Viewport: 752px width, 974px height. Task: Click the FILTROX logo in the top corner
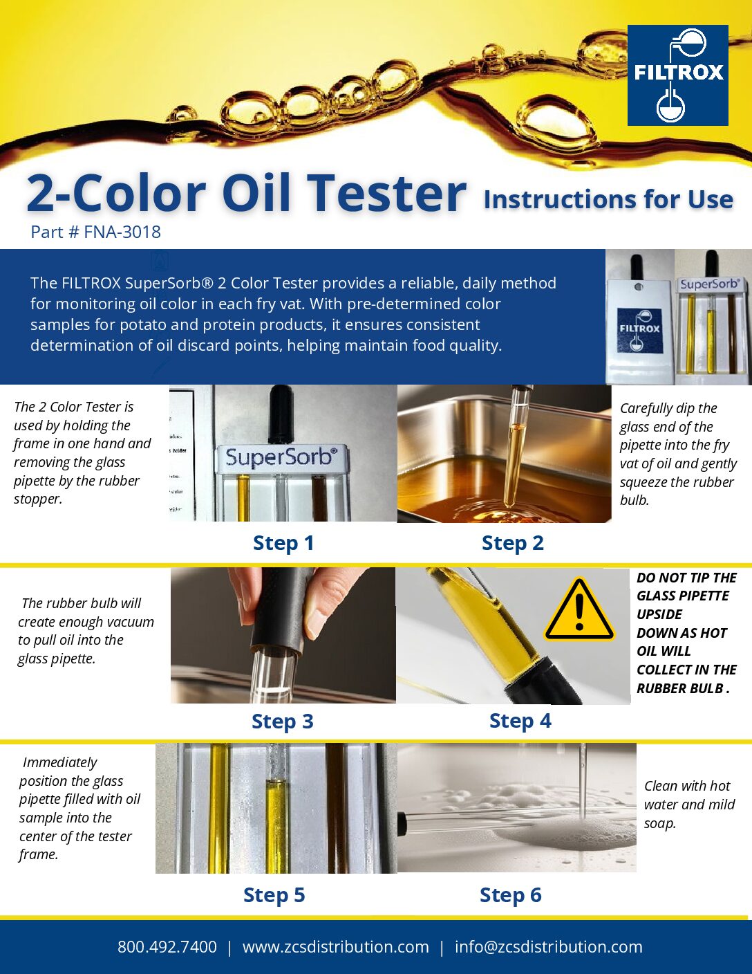click(x=677, y=75)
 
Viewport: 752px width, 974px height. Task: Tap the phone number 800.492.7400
click(x=167, y=946)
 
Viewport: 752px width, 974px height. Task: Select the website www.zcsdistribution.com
click(x=336, y=946)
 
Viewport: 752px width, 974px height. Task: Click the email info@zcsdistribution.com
click(x=549, y=946)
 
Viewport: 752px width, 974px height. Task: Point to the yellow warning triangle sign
click(x=580, y=609)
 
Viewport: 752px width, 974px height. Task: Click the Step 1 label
click(x=283, y=543)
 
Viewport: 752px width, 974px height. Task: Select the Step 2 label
click(x=513, y=543)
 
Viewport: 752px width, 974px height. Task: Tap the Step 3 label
click(x=283, y=722)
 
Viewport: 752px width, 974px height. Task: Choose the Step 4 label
click(x=520, y=721)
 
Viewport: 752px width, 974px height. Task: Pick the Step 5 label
click(x=274, y=895)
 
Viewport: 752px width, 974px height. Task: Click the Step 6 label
click(x=511, y=895)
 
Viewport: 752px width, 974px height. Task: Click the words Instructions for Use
click(x=609, y=199)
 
